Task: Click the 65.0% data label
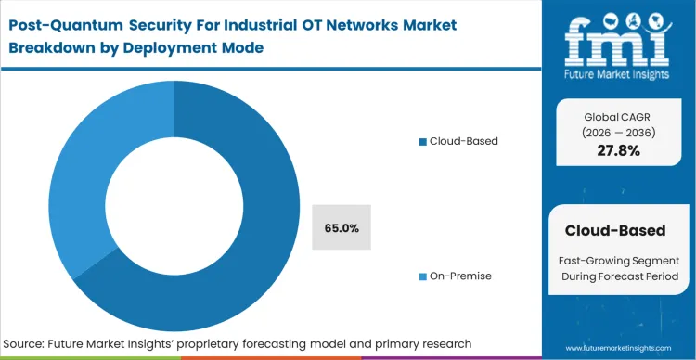342,227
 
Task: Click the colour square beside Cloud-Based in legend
422,142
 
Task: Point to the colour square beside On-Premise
422,276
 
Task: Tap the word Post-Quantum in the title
71,22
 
